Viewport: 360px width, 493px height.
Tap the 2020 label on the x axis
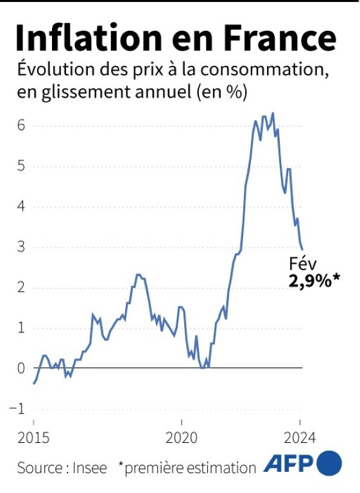pyautogui.click(x=182, y=440)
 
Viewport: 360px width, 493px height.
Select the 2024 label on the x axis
pyautogui.click(x=300, y=440)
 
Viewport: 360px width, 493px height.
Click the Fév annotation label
pyautogui.click(x=303, y=264)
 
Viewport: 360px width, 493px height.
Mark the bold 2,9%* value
pyautogui.click(x=313, y=281)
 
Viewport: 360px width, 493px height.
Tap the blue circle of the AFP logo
pyautogui.click(x=329, y=464)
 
